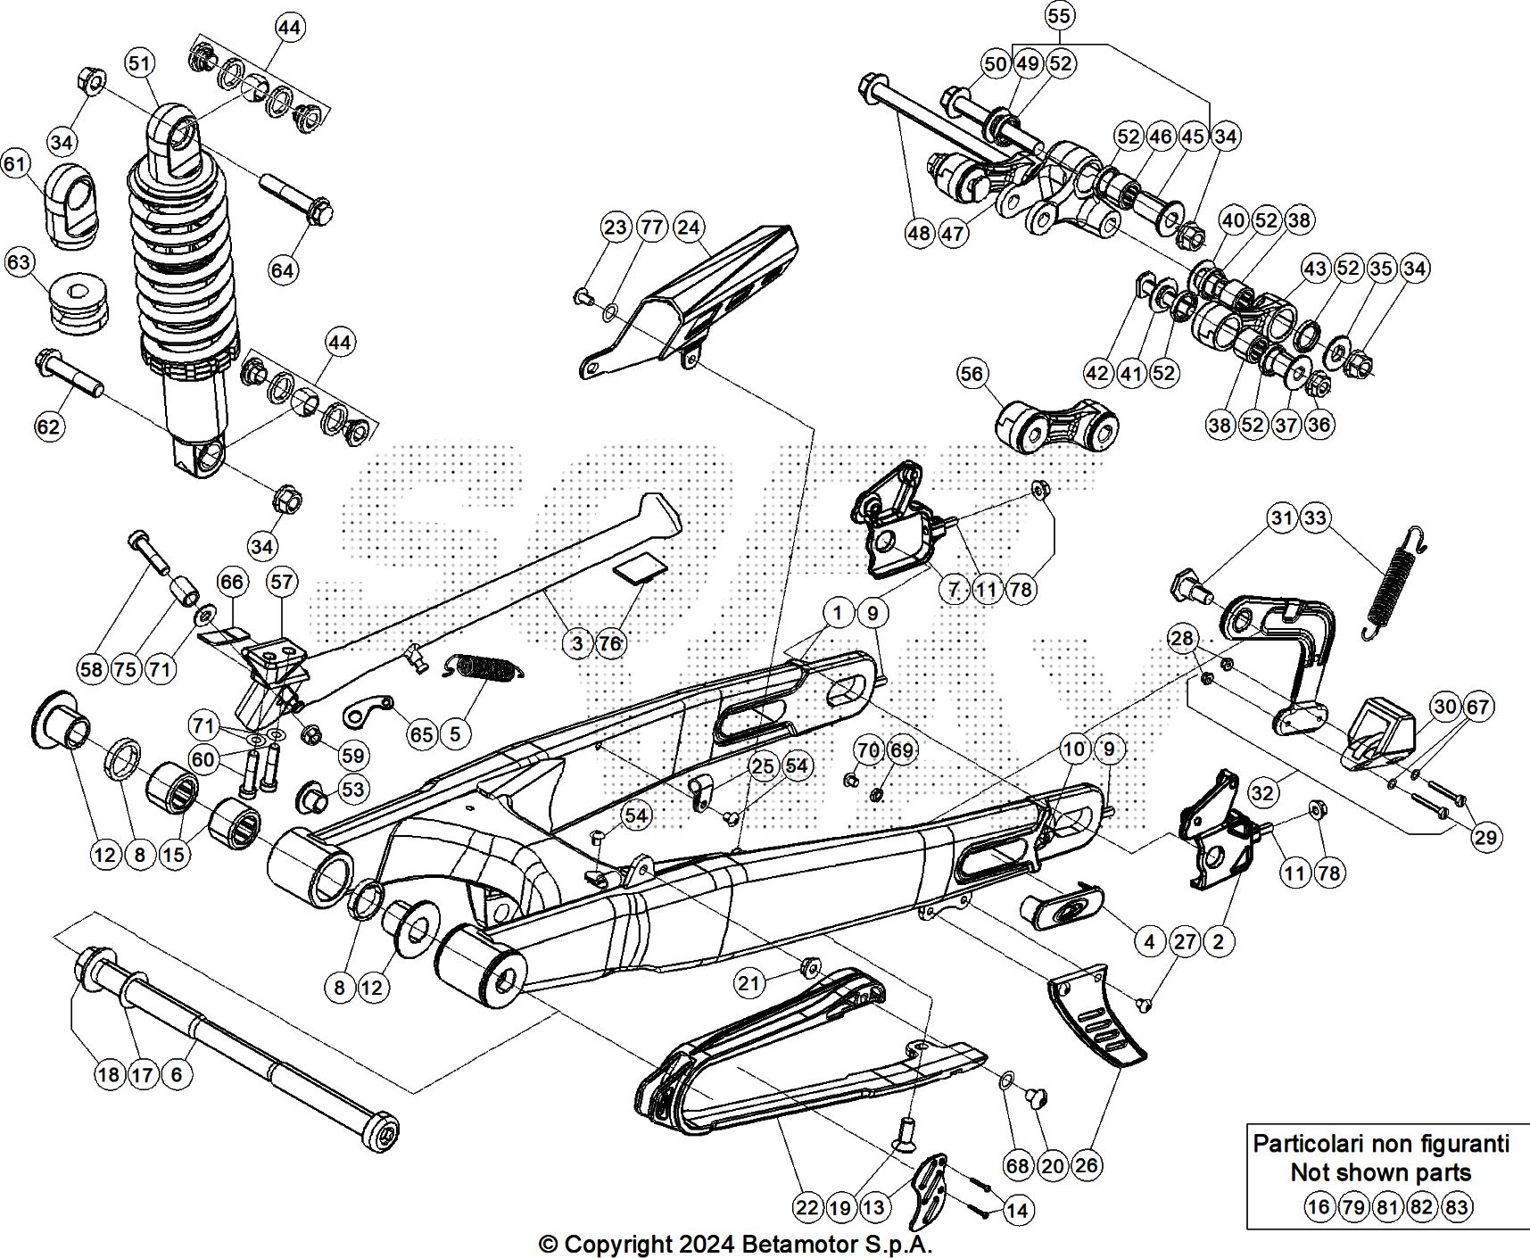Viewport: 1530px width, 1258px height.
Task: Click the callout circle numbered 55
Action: point(1059,16)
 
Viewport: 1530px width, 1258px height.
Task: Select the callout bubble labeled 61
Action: point(16,164)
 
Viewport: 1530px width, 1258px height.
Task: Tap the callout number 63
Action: point(20,263)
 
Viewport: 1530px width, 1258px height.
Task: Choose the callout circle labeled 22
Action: point(807,1208)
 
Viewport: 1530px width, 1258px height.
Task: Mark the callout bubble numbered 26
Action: point(1088,1165)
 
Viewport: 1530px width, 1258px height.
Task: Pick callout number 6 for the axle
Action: point(177,1074)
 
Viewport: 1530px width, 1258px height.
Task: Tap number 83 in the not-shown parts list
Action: point(1456,1207)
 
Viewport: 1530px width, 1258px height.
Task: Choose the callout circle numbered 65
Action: point(421,734)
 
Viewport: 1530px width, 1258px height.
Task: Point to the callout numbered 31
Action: point(1282,518)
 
